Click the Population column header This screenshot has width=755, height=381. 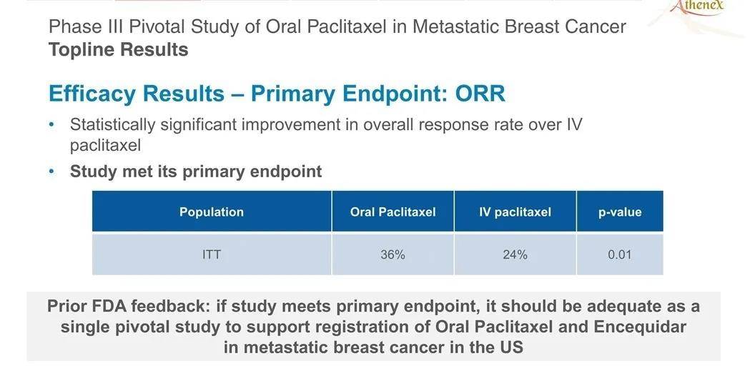(212, 212)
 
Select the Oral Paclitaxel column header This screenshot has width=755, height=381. (393, 212)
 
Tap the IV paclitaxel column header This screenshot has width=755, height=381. (515, 212)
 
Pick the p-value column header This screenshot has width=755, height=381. (620, 212)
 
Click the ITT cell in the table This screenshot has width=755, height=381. (212, 254)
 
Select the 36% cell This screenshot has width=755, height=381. (393, 254)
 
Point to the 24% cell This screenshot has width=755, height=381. (515, 254)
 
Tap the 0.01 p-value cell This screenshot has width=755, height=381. (620, 254)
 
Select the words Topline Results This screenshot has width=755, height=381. (119, 49)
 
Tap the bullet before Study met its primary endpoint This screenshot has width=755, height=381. (52, 172)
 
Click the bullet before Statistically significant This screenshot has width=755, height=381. (52, 125)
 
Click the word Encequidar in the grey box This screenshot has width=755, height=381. (640, 327)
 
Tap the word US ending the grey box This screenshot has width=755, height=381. (511, 347)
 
